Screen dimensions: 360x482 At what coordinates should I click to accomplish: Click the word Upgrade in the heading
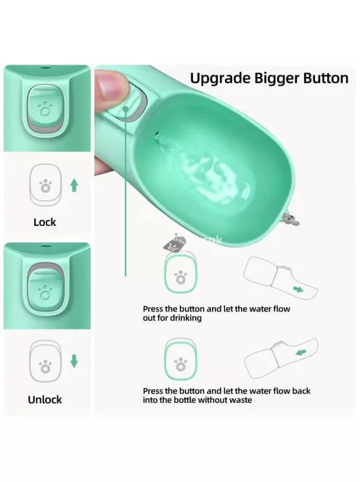click(x=221, y=78)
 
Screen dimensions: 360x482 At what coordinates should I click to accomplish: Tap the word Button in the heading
click(x=326, y=78)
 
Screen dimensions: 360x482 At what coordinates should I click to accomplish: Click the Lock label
click(x=45, y=222)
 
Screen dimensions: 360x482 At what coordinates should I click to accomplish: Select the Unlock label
click(x=45, y=399)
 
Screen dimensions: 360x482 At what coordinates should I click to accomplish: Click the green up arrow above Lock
click(x=74, y=185)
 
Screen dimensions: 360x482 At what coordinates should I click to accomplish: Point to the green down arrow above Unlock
click(x=74, y=361)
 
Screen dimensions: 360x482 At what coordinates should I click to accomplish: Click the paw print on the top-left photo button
click(x=45, y=109)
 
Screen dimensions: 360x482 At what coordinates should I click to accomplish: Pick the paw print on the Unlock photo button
click(x=45, y=292)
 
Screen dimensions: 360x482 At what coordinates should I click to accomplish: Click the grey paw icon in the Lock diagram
click(x=46, y=186)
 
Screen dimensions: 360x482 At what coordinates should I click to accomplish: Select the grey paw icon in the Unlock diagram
click(x=46, y=366)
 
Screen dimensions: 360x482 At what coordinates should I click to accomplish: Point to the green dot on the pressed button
click(x=126, y=108)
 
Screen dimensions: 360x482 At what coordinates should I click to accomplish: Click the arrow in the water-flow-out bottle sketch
click(x=298, y=289)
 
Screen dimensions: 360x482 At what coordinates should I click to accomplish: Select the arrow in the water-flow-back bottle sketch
click(x=301, y=352)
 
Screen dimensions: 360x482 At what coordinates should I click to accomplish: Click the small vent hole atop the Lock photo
click(x=45, y=66)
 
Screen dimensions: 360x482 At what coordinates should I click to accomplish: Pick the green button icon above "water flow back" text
click(x=181, y=360)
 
